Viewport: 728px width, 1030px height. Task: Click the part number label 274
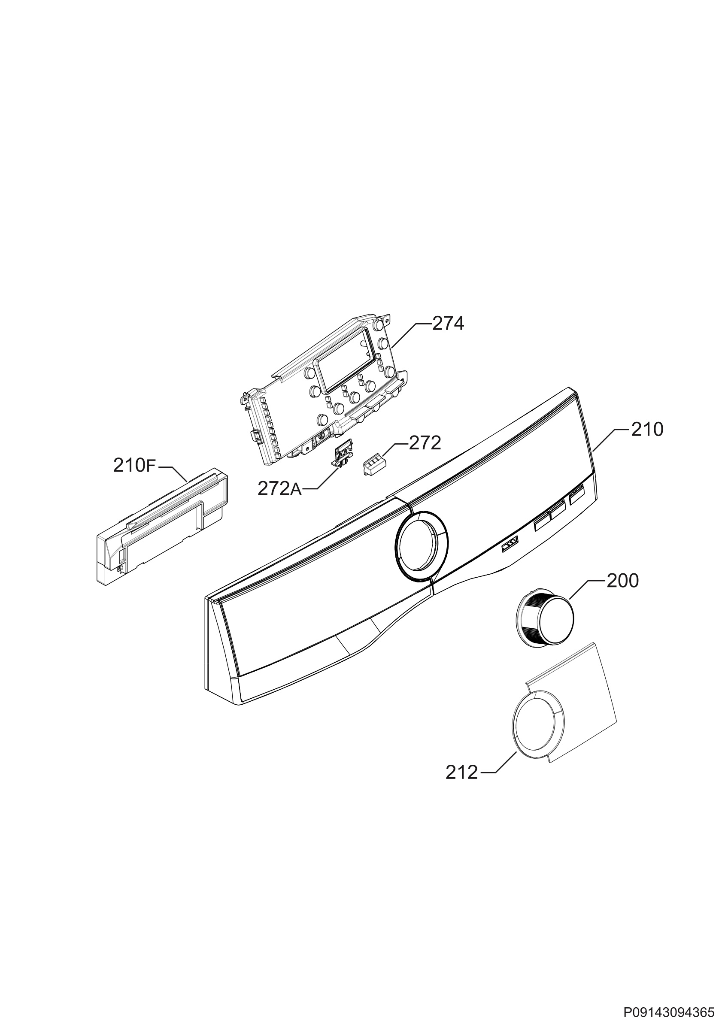click(448, 324)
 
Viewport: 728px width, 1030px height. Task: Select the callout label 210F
click(134, 466)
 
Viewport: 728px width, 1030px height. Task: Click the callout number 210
click(647, 430)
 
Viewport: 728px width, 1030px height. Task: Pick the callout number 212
click(461, 772)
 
